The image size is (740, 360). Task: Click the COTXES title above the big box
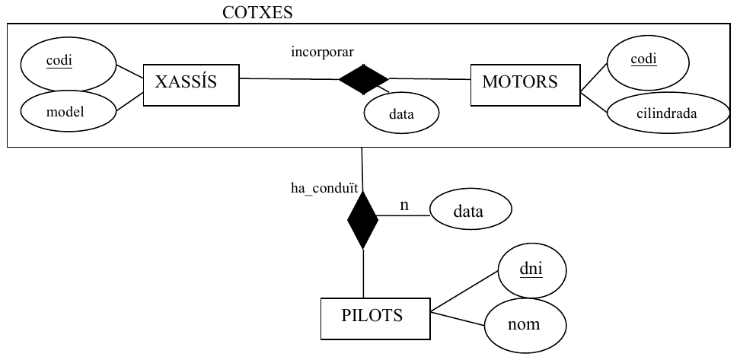coord(257,12)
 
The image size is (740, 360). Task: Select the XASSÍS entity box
coord(191,85)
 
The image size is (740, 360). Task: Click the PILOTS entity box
coord(375,318)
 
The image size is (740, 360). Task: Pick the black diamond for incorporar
coord(363,79)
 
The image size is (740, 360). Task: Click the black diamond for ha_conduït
coord(362,218)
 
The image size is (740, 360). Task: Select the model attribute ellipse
coord(68,112)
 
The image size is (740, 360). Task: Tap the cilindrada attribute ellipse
coord(668,113)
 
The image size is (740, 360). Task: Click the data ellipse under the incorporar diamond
coord(402,113)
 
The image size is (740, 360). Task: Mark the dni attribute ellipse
coord(532,271)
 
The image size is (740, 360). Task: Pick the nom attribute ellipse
coord(525,325)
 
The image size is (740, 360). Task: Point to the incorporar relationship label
coord(322,52)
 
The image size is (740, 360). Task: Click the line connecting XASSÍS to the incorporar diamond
coord(289,79)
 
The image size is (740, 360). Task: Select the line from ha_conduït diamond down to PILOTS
coord(363,273)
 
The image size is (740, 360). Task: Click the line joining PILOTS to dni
coord(464,292)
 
